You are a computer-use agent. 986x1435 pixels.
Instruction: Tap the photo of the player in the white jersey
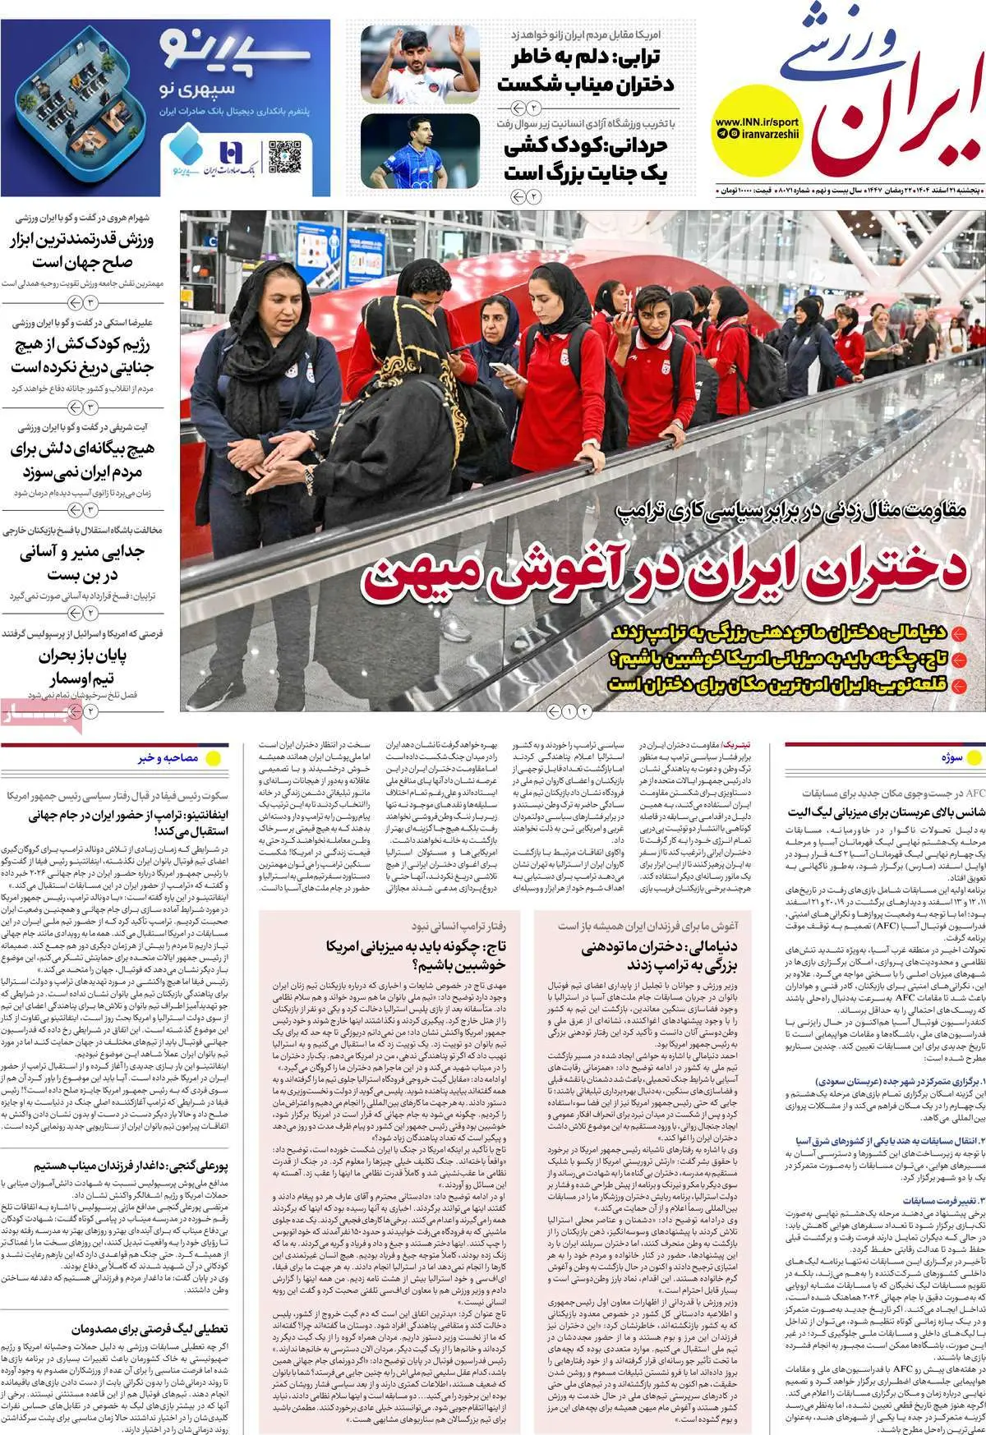(420, 64)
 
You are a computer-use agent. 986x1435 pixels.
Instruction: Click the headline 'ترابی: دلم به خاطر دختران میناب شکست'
(586, 71)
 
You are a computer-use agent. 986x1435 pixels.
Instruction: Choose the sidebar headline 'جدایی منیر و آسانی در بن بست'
(81, 563)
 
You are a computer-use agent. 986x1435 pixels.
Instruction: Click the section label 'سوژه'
(952, 759)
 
